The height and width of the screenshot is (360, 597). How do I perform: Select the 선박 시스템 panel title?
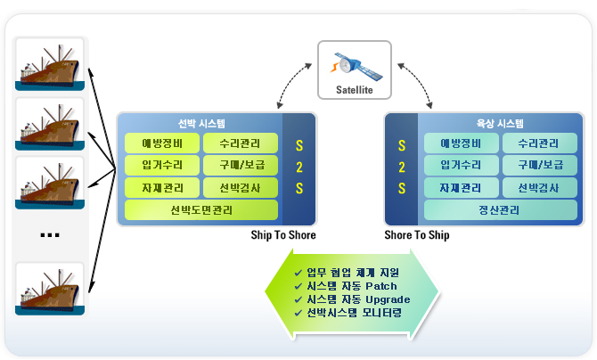pyautogui.click(x=202, y=124)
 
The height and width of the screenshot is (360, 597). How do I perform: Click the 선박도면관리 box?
pyautogui.click(x=200, y=210)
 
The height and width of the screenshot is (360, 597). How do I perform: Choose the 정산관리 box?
pyautogui.click(x=500, y=210)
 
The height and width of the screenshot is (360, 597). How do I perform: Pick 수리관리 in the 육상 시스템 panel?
pyautogui.click(x=538, y=143)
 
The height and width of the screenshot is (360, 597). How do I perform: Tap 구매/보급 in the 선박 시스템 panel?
pyautogui.click(x=240, y=166)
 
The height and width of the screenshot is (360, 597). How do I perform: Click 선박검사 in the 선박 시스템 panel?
pyautogui.click(x=240, y=188)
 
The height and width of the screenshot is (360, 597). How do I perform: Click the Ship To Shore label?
pyautogui.click(x=284, y=236)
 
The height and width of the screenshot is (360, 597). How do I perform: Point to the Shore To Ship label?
pyautogui.click(x=416, y=236)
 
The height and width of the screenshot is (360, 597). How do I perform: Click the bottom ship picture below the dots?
pyautogui.click(x=49, y=287)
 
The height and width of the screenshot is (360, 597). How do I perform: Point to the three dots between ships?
pyautogui.click(x=50, y=235)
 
